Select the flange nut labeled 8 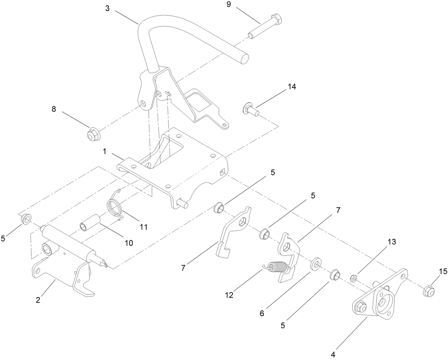pyautogui.click(x=92, y=135)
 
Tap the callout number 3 pyautogui.click(x=107, y=8)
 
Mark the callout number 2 pyautogui.click(x=38, y=300)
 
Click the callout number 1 pyautogui.click(x=105, y=151)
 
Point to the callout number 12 pyautogui.click(x=229, y=295)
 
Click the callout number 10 pyautogui.click(x=128, y=243)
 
